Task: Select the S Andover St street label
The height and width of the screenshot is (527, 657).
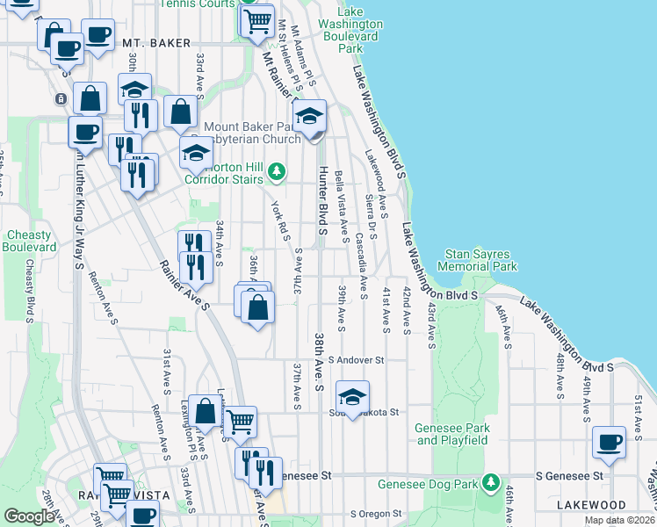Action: click(x=357, y=360)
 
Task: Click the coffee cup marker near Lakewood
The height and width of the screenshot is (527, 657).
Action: click(x=609, y=443)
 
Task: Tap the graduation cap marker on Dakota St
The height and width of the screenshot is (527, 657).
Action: click(x=352, y=397)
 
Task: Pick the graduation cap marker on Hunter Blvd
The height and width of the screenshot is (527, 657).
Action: click(x=309, y=117)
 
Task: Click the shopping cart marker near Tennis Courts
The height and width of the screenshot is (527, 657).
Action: click(x=256, y=18)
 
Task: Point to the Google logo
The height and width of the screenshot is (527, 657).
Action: click(x=29, y=516)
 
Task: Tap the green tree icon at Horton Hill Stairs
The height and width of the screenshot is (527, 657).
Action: click(x=277, y=170)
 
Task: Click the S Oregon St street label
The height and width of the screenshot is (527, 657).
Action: click(x=376, y=513)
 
